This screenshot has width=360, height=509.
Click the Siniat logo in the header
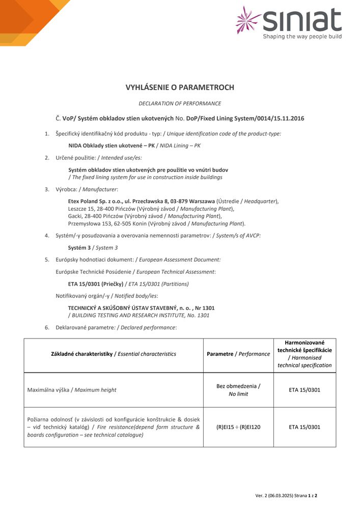pos(289,23)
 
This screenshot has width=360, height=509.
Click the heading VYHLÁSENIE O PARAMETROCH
pos(180,88)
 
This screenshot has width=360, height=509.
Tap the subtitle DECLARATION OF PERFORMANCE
pos(180,103)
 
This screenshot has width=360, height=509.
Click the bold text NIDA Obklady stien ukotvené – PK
pos(112,146)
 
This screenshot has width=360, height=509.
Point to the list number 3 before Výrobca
pos(47,189)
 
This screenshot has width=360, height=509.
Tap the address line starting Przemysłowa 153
pos(156,223)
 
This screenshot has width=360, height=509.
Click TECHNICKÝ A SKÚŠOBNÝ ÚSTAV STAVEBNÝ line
pos(141,308)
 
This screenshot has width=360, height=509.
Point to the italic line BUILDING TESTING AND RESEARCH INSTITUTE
pos(141,315)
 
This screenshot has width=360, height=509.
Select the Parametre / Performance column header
pos(238,354)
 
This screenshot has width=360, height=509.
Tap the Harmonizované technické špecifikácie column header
pos(304,354)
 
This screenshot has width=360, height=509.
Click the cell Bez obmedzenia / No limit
pos(238,390)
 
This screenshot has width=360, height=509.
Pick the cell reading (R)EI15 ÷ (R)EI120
pos(238,427)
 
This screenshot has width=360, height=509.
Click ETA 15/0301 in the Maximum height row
pos(304,390)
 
